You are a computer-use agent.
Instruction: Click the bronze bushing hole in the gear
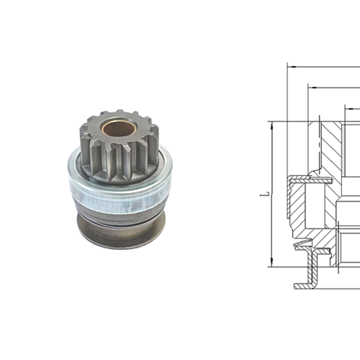point(114,130)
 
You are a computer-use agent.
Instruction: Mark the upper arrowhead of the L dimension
point(271,124)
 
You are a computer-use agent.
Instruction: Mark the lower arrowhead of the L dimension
point(271,264)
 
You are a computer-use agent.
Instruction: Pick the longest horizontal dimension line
point(324,66)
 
